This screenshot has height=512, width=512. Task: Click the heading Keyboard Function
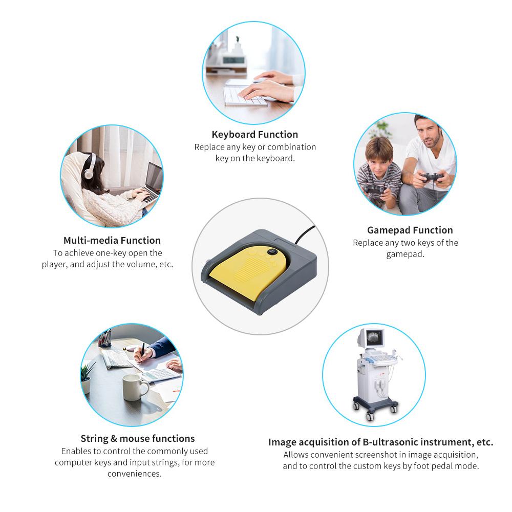click(254, 135)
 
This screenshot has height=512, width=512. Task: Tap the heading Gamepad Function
click(410, 230)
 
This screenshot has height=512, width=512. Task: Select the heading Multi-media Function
click(112, 240)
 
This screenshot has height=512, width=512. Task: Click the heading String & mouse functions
click(137, 439)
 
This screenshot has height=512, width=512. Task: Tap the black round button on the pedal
click(272, 252)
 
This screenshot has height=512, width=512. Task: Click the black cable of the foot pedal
click(305, 234)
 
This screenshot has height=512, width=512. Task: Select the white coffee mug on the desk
click(135, 387)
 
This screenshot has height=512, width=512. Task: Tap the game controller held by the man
click(432, 178)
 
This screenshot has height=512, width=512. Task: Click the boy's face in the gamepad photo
click(379, 160)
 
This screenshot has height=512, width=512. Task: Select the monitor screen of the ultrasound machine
click(375, 338)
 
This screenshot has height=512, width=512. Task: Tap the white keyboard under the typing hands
click(244, 96)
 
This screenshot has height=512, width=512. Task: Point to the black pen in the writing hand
click(142, 352)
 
